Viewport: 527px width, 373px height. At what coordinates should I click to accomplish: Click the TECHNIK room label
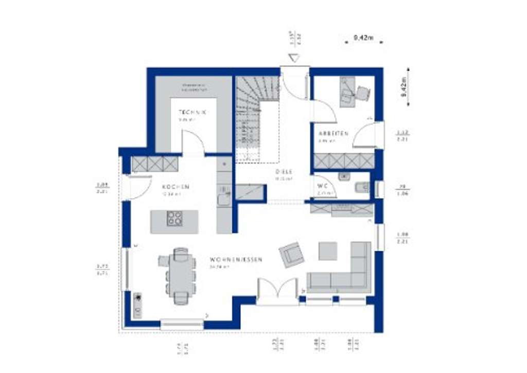(192, 112)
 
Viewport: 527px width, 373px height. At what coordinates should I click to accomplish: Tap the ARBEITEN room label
(333, 133)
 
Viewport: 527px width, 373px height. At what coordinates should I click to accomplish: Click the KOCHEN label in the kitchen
(175, 187)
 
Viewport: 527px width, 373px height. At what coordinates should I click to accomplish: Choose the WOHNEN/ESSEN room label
(236, 260)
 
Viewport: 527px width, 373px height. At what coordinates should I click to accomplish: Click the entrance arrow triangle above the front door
(294, 58)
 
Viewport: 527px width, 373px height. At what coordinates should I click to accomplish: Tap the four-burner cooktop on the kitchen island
(174, 219)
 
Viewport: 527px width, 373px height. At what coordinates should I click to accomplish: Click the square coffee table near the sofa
(328, 251)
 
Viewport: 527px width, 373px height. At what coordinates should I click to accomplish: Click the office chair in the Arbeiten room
(363, 93)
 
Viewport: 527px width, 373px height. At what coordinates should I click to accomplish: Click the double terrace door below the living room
(278, 290)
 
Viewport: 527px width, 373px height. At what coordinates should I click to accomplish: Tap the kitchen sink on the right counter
(223, 198)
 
